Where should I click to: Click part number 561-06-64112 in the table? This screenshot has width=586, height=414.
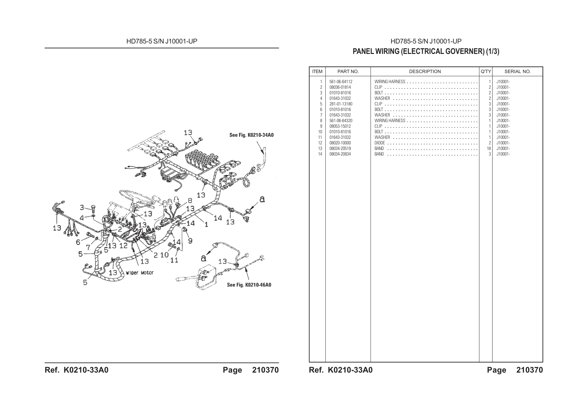[341, 82]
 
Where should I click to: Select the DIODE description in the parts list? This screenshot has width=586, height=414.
[380, 143]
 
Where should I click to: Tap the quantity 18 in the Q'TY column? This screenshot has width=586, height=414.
[489, 149]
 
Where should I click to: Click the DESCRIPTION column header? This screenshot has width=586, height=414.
[425, 71]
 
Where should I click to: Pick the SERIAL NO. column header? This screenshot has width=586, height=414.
[517, 71]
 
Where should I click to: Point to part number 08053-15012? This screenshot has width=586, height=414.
[340, 126]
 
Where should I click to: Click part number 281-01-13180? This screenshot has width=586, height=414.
[341, 104]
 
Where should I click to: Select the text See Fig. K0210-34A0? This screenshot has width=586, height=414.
[251, 135]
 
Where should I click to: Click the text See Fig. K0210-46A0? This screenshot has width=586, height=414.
[249, 285]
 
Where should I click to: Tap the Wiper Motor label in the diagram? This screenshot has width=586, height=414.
[140, 273]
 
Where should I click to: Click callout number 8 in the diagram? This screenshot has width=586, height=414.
[190, 201]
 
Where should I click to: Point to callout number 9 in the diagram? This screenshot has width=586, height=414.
[190, 241]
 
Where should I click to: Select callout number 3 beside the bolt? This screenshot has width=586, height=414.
[82, 208]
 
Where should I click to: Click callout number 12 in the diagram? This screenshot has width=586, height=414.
[123, 246]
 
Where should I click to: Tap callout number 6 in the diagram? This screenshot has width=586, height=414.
[78, 242]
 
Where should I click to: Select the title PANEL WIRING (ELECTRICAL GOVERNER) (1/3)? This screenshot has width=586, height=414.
[426, 51]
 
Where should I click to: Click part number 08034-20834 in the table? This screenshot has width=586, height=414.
[340, 154]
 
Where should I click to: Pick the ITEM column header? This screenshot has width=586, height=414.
[317, 71]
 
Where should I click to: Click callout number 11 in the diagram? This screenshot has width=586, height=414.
[174, 260]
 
